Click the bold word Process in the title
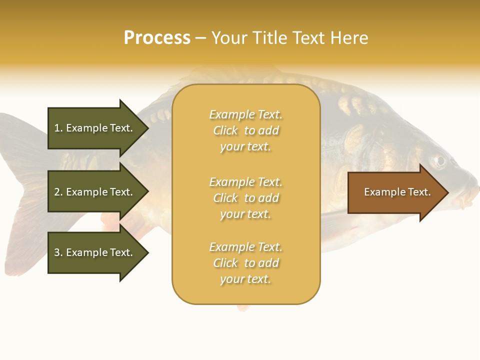pyautogui.click(x=157, y=38)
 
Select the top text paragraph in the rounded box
pyautogui.click(x=245, y=130)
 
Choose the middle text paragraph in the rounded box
pyautogui.click(x=245, y=198)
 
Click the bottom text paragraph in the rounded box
pyautogui.click(x=245, y=263)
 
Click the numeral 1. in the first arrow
pyautogui.click(x=58, y=128)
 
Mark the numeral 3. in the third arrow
pyautogui.click(x=58, y=252)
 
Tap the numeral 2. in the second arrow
pyautogui.click(x=58, y=192)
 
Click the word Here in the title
pyautogui.click(x=350, y=38)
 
